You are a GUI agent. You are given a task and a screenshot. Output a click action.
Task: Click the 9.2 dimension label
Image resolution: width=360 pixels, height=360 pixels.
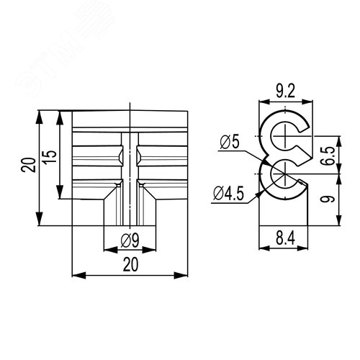pos(285,91)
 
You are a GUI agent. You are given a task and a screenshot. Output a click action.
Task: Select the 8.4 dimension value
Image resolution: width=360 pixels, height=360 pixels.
pos(285,238)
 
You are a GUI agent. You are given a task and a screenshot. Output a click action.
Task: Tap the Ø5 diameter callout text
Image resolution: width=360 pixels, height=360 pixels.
pos(230,143)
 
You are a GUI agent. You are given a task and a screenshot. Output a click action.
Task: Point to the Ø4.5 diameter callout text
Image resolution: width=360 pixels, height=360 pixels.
pos(228,194)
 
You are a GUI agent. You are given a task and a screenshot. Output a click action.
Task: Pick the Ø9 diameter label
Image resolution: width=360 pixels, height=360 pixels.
pos(130,240)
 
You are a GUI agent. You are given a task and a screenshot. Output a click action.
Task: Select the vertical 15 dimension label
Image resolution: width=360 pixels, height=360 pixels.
pos(50,157)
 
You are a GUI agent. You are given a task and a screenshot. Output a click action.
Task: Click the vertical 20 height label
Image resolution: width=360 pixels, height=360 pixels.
pos(29,165)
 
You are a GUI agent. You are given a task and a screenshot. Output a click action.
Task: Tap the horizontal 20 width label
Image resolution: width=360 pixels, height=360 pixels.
pos(130,264)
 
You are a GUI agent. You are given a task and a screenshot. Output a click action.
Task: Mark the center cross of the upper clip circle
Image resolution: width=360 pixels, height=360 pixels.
pos(285,136)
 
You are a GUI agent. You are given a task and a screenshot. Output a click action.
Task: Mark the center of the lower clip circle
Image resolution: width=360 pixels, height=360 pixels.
pos(285,174)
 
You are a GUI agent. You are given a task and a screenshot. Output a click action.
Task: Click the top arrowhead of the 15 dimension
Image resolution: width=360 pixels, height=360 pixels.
pos(60,117)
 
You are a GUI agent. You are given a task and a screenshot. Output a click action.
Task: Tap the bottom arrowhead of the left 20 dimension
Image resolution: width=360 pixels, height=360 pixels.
pos(40,219)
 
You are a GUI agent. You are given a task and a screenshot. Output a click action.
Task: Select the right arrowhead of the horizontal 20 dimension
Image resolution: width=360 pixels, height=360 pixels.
pos(181,275)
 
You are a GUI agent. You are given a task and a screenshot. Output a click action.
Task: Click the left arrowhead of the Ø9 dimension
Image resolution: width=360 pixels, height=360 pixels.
pos(110,250)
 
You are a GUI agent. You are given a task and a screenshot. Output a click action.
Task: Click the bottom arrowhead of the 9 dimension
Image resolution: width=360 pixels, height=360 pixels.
pos(338,220)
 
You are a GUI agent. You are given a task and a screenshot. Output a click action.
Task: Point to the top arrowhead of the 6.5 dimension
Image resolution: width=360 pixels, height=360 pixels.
pos(338,143)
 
